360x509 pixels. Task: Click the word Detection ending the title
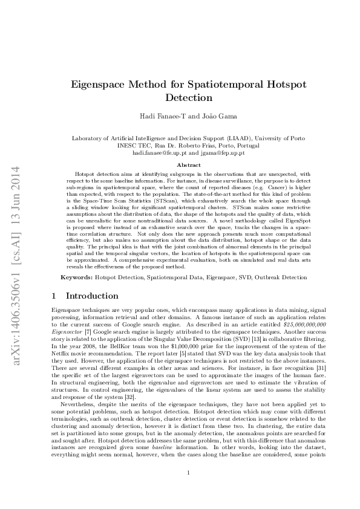point(189,97)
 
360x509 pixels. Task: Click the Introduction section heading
point(92,296)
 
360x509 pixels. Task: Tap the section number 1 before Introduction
point(54,296)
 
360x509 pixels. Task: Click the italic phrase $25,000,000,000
point(301,325)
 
